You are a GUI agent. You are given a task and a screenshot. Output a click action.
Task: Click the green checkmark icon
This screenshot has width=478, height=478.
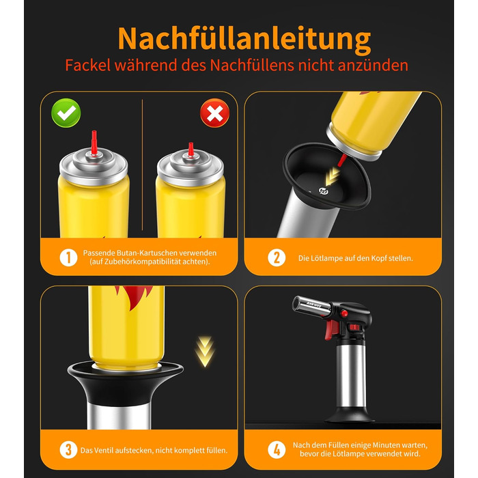(66, 113)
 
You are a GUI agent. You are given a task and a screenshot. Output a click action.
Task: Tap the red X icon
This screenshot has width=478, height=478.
(215, 113)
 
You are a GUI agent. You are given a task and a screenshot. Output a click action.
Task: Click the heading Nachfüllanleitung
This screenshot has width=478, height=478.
(244, 38)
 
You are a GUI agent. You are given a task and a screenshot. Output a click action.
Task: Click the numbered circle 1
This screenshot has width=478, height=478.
(68, 257)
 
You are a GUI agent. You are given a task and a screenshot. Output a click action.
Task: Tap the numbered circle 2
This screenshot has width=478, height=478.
(277, 257)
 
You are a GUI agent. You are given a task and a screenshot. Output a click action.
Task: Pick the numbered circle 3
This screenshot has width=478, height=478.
(68, 449)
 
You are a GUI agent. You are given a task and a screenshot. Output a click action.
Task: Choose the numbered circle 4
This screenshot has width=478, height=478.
(277, 449)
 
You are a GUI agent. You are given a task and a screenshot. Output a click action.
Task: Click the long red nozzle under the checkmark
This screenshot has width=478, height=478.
(94, 142)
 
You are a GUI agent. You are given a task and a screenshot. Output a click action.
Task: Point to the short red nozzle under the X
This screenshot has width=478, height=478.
(191, 149)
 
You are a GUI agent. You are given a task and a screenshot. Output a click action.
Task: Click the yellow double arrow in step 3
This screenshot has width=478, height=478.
(205, 352)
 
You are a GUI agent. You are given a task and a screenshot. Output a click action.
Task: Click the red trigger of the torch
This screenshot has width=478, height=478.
(329, 330)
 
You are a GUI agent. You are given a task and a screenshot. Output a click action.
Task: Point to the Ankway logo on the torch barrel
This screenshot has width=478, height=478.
(313, 304)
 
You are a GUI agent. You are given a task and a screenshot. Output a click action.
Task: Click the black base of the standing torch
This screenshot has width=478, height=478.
(350, 415)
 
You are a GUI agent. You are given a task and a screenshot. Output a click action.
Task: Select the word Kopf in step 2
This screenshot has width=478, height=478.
(379, 259)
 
